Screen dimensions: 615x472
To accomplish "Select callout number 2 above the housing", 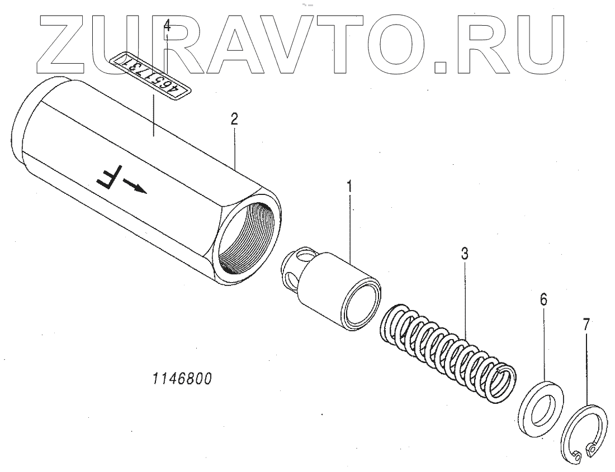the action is click(x=235, y=118).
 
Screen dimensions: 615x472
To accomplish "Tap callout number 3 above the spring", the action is click(x=464, y=254).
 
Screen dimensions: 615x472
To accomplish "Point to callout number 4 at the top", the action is click(x=167, y=25).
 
